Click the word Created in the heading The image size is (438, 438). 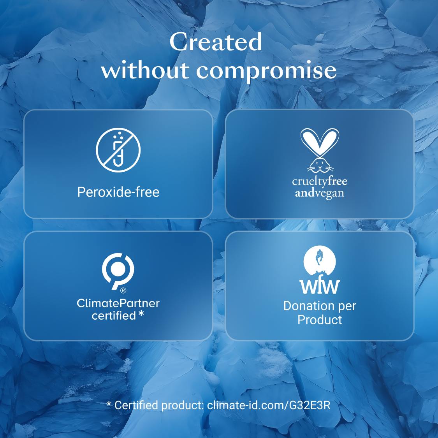(216, 42)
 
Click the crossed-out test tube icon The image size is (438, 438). (118, 150)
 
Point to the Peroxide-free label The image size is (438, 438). (118, 192)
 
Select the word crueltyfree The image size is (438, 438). (320, 181)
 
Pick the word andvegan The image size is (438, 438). (320, 193)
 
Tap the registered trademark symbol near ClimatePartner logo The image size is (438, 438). (123, 290)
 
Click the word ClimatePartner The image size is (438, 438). (118, 303)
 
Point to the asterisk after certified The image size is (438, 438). (141, 314)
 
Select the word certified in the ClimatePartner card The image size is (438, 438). (114, 316)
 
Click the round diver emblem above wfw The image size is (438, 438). (320, 261)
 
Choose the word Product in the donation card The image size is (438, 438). (320, 320)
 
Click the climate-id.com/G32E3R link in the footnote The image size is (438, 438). (269, 405)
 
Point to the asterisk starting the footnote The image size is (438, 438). (109, 404)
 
